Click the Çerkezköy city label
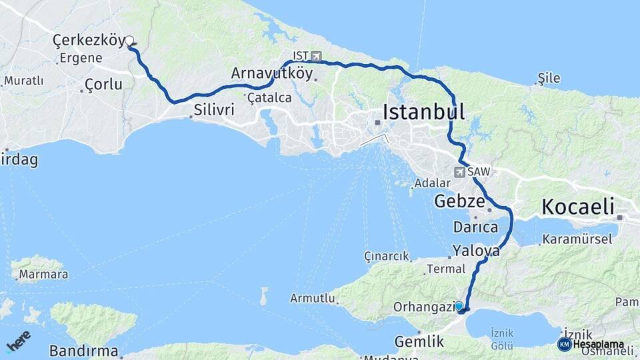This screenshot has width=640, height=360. (88, 41)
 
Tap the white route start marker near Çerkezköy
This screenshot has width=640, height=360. (129, 41)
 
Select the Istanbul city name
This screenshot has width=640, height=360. (423, 111)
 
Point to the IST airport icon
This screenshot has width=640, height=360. (316, 56)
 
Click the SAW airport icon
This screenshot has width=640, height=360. (459, 172)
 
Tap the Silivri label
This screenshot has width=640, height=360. (214, 109)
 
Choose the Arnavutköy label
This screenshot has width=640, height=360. (272, 73)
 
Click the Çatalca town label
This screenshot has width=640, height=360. (269, 98)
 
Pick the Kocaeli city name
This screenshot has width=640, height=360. (577, 207)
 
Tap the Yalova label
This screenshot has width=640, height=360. (476, 251)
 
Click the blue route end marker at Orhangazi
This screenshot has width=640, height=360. (459, 306)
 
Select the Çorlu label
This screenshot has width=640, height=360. (104, 85)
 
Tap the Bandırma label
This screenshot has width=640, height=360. (84, 351)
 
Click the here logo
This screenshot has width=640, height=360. (18, 341)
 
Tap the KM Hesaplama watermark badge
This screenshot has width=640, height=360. (591, 344)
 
